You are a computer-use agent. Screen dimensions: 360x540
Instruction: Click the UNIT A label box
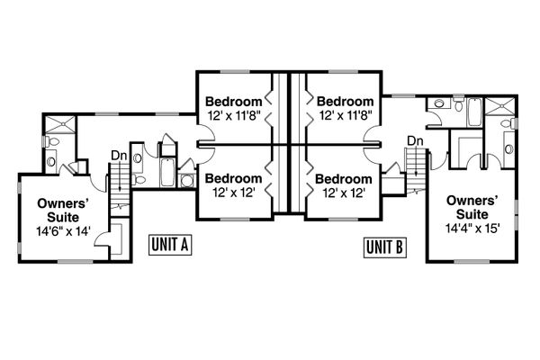(x=169, y=246)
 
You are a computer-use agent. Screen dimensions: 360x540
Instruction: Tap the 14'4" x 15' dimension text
(x=472, y=229)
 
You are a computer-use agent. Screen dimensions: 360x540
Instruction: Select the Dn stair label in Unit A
(x=118, y=155)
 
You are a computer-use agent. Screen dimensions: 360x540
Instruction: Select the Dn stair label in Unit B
(x=415, y=140)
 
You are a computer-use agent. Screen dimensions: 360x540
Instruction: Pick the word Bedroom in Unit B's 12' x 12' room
(x=344, y=178)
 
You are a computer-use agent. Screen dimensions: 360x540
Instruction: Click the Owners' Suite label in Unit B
(x=472, y=208)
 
